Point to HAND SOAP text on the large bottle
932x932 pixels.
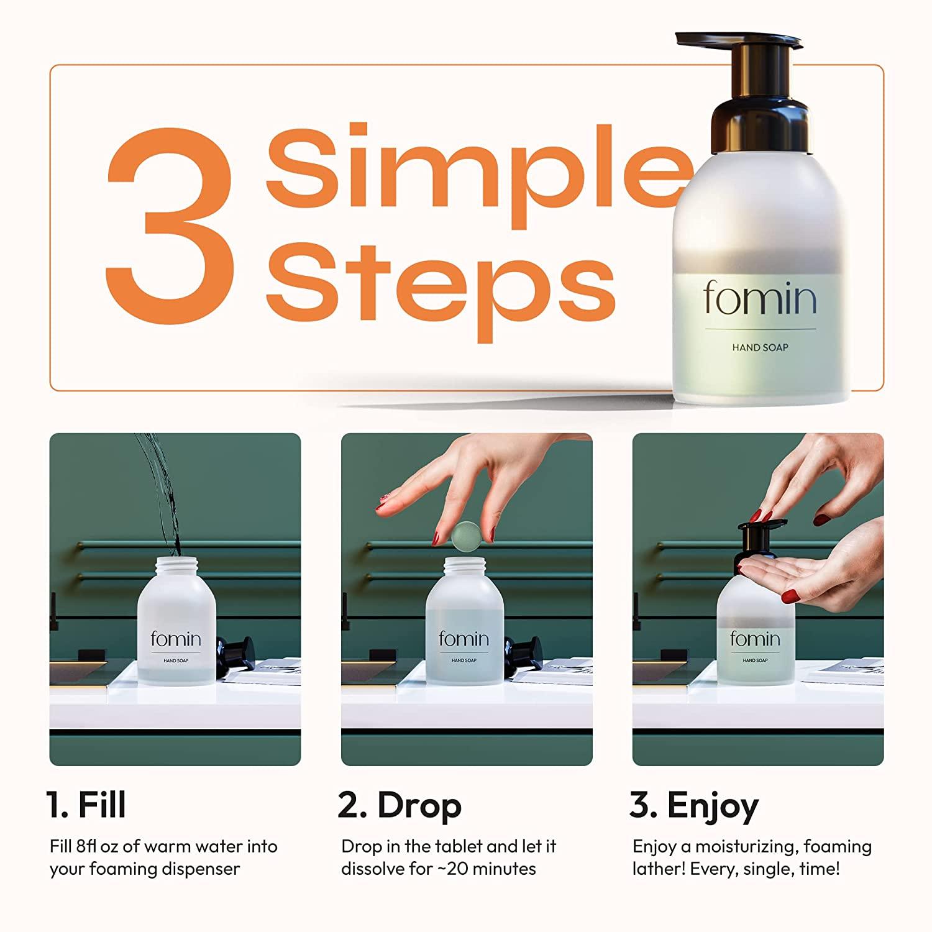coord(760,347)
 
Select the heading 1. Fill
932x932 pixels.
coord(86,805)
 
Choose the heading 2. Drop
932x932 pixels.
coord(400,805)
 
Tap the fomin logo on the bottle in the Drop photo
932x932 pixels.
coord(464,639)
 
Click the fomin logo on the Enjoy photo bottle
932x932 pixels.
coord(754,639)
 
